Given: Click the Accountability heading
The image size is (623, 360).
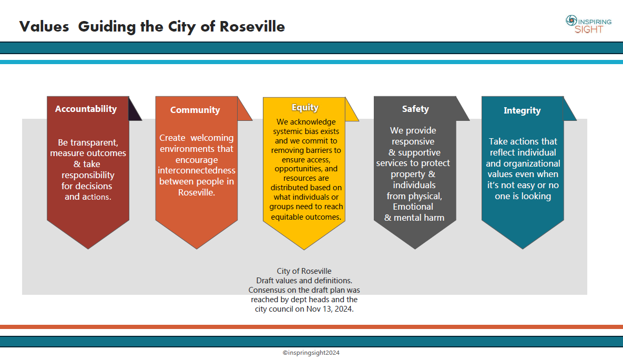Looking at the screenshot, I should pyautogui.click(x=86, y=109).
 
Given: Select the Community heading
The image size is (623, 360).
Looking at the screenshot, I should pyautogui.click(x=195, y=110).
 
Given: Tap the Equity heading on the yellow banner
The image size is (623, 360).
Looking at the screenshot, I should pyautogui.click(x=305, y=107).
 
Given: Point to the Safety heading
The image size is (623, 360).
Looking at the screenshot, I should pyautogui.click(x=415, y=109).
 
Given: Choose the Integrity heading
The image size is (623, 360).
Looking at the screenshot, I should pyautogui.click(x=522, y=110).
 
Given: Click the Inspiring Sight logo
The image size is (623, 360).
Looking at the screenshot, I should pyautogui.click(x=588, y=24).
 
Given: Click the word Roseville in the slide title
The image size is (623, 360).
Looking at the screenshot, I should pyautogui.click(x=252, y=26).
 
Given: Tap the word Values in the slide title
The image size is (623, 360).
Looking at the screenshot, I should pyautogui.click(x=44, y=26).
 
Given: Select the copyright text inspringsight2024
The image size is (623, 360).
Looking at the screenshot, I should pyautogui.click(x=311, y=353).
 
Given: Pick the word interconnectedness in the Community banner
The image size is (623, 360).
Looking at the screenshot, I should pyautogui.click(x=197, y=171).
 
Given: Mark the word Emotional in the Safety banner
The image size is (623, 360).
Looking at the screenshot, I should pyautogui.click(x=413, y=207).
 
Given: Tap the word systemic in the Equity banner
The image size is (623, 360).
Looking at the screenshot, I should pyautogui.click(x=289, y=131).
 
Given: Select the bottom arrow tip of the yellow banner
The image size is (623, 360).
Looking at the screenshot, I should pyautogui.click(x=304, y=249).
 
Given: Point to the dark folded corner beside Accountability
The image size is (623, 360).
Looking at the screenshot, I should pyautogui.click(x=135, y=110).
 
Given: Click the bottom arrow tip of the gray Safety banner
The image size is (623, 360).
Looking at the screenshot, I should pyautogui.click(x=415, y=248).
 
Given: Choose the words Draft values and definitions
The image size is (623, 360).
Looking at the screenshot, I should pyautogui.click(x=304, y=281).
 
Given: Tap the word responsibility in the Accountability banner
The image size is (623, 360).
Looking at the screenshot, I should pyautogui.click(x=88, y=175).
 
